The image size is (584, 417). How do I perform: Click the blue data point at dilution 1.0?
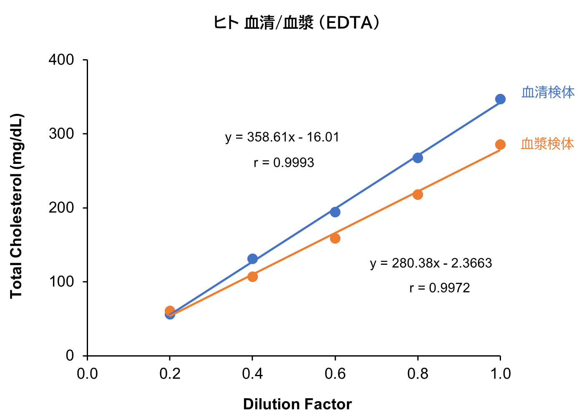[500, 99]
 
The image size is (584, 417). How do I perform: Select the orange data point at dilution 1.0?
[500, 145]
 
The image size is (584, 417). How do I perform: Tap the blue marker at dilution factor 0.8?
[418, 158]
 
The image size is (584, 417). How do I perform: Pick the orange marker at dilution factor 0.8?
[418, 194]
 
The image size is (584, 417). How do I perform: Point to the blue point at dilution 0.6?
[335, 212]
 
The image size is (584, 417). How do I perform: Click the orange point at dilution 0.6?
[335, 239]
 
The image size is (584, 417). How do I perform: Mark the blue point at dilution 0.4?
[252, 259]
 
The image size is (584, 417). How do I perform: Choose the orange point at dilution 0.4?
[252, 276]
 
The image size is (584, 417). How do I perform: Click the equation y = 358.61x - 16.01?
[282, 137]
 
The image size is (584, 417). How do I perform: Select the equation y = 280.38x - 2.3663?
[431, 264]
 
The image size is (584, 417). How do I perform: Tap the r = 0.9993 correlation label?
[284, 163]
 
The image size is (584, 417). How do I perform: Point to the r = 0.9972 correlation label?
[440, 288]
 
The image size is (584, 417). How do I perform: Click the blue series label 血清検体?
[548, 92]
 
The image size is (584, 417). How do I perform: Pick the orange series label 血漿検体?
[547, 144]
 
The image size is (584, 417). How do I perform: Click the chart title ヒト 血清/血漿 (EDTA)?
[297, 23]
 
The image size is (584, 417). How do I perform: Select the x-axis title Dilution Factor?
[297, 404]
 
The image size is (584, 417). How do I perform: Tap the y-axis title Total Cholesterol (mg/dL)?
[16, 206]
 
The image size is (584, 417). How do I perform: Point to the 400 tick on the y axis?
[61, 60]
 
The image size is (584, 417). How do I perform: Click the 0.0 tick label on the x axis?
[87, 374]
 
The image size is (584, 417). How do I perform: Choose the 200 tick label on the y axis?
[61, 208]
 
